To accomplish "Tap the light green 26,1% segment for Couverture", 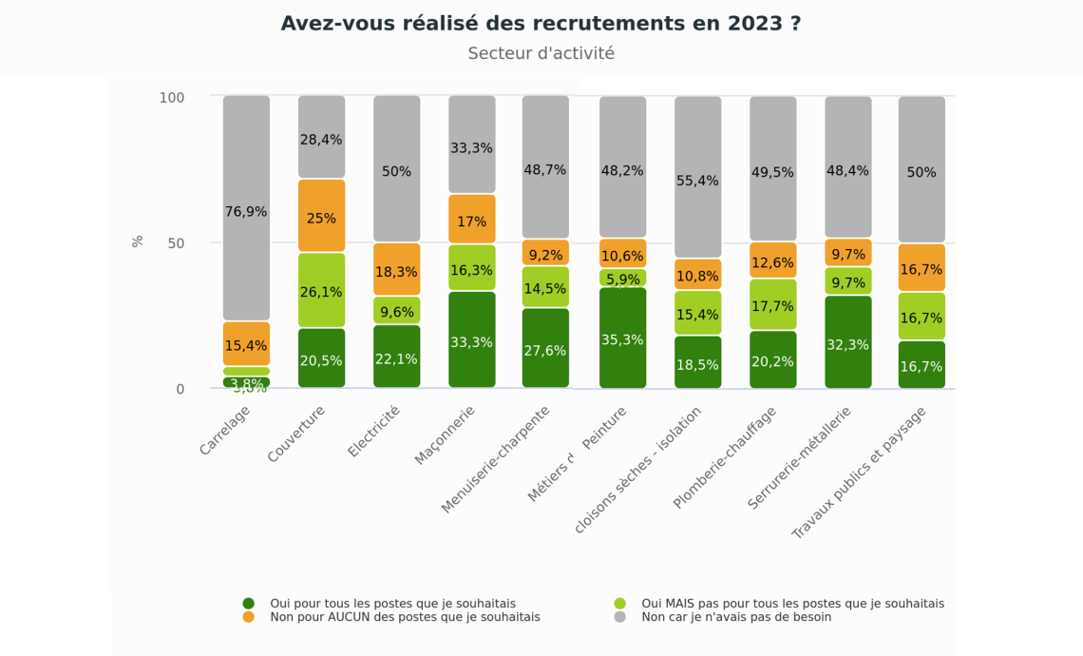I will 321,290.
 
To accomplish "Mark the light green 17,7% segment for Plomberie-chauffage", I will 772,304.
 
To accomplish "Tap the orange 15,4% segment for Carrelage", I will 246,343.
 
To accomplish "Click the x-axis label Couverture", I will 297,434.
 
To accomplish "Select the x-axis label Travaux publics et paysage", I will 860,473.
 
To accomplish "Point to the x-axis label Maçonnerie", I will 445,434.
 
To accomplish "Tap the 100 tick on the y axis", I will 172,97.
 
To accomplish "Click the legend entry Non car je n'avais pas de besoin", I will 736,617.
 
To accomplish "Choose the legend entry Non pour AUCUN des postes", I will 405,617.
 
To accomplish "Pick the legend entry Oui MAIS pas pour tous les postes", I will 792,604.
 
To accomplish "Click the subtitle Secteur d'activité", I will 541,54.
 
